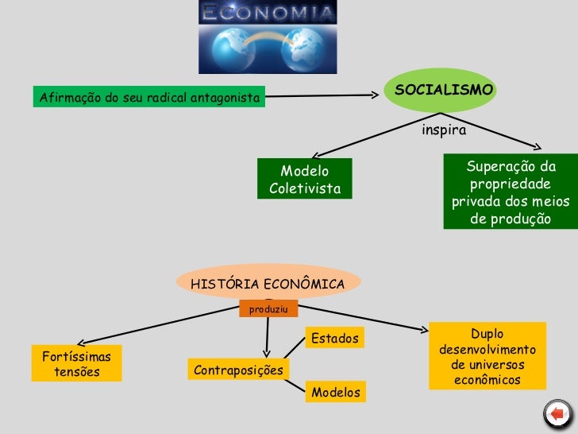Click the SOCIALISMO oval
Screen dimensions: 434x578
(x=444, y=91)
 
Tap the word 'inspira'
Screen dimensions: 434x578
(x=444, y=129)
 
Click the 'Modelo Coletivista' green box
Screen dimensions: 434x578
(x=304, y=180)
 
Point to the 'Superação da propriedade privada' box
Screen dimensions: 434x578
(x=510, y=192)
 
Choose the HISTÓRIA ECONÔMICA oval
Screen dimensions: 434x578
(x=267, y=283)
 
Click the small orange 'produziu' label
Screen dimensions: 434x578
(x=268, y=308)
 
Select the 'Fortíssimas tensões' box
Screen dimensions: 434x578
(x=76, y=363)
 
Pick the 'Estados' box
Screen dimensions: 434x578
(x=334, y=339)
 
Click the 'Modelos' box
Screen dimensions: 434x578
(x=335, y=392)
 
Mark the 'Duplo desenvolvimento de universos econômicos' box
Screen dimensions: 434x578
(x=487, y=356)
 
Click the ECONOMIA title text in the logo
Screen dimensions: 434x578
(x=268, y=13)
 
